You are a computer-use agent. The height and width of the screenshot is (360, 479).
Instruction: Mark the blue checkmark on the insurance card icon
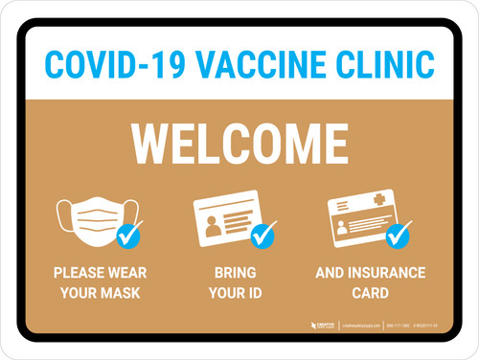[x=397, y=234]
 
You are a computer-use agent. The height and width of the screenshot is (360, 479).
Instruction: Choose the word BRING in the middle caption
[x=235, y=273]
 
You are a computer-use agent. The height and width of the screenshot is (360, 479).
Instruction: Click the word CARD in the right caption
[x=370, y=292]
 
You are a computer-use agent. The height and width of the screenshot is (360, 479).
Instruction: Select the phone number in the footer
[x=399, y=326]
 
